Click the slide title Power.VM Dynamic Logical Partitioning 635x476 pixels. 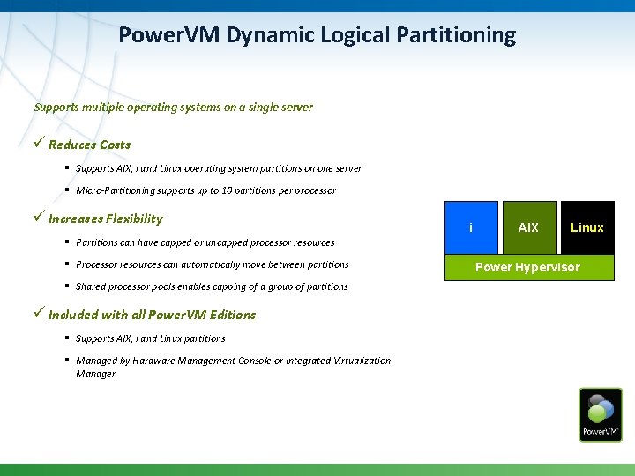pos(317,35)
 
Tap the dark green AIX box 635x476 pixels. pos(528,227)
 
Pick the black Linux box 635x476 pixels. pos(586,227)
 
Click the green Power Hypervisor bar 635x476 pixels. pos(528,267)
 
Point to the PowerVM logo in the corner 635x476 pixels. pos(600,414)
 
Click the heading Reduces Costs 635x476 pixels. pos(89,145)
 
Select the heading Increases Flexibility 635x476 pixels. pos(105,219)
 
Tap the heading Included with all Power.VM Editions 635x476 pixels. pos(152,315)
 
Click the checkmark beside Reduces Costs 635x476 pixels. pos(39,144)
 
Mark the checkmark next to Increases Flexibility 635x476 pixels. pos(39,218)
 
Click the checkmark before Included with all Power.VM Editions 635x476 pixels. pos(39,314)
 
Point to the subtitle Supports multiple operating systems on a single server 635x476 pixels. pos(173,108)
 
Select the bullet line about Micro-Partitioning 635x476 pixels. pos(205,190)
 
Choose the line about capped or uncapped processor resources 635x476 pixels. pos(205,242)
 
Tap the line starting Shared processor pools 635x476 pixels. pos(212,286)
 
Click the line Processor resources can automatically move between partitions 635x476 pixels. pos(212,264)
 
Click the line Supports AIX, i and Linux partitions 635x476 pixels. pos(150,338)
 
